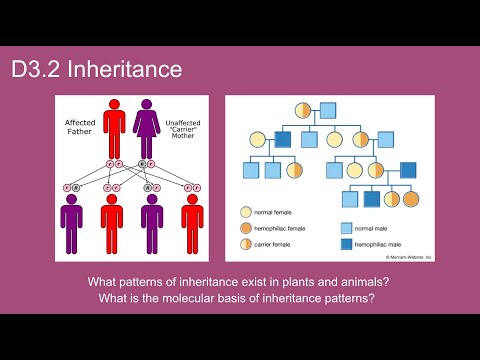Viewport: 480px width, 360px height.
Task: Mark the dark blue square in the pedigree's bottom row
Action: (372, 199)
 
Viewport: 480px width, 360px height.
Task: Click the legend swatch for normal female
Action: (245, 213)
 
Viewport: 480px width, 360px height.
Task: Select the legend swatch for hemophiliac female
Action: (245, 229)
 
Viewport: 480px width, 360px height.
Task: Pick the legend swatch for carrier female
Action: (245, 244)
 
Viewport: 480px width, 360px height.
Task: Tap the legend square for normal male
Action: (346, 228)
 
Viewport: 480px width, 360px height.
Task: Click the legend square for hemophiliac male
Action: (346, 244)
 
